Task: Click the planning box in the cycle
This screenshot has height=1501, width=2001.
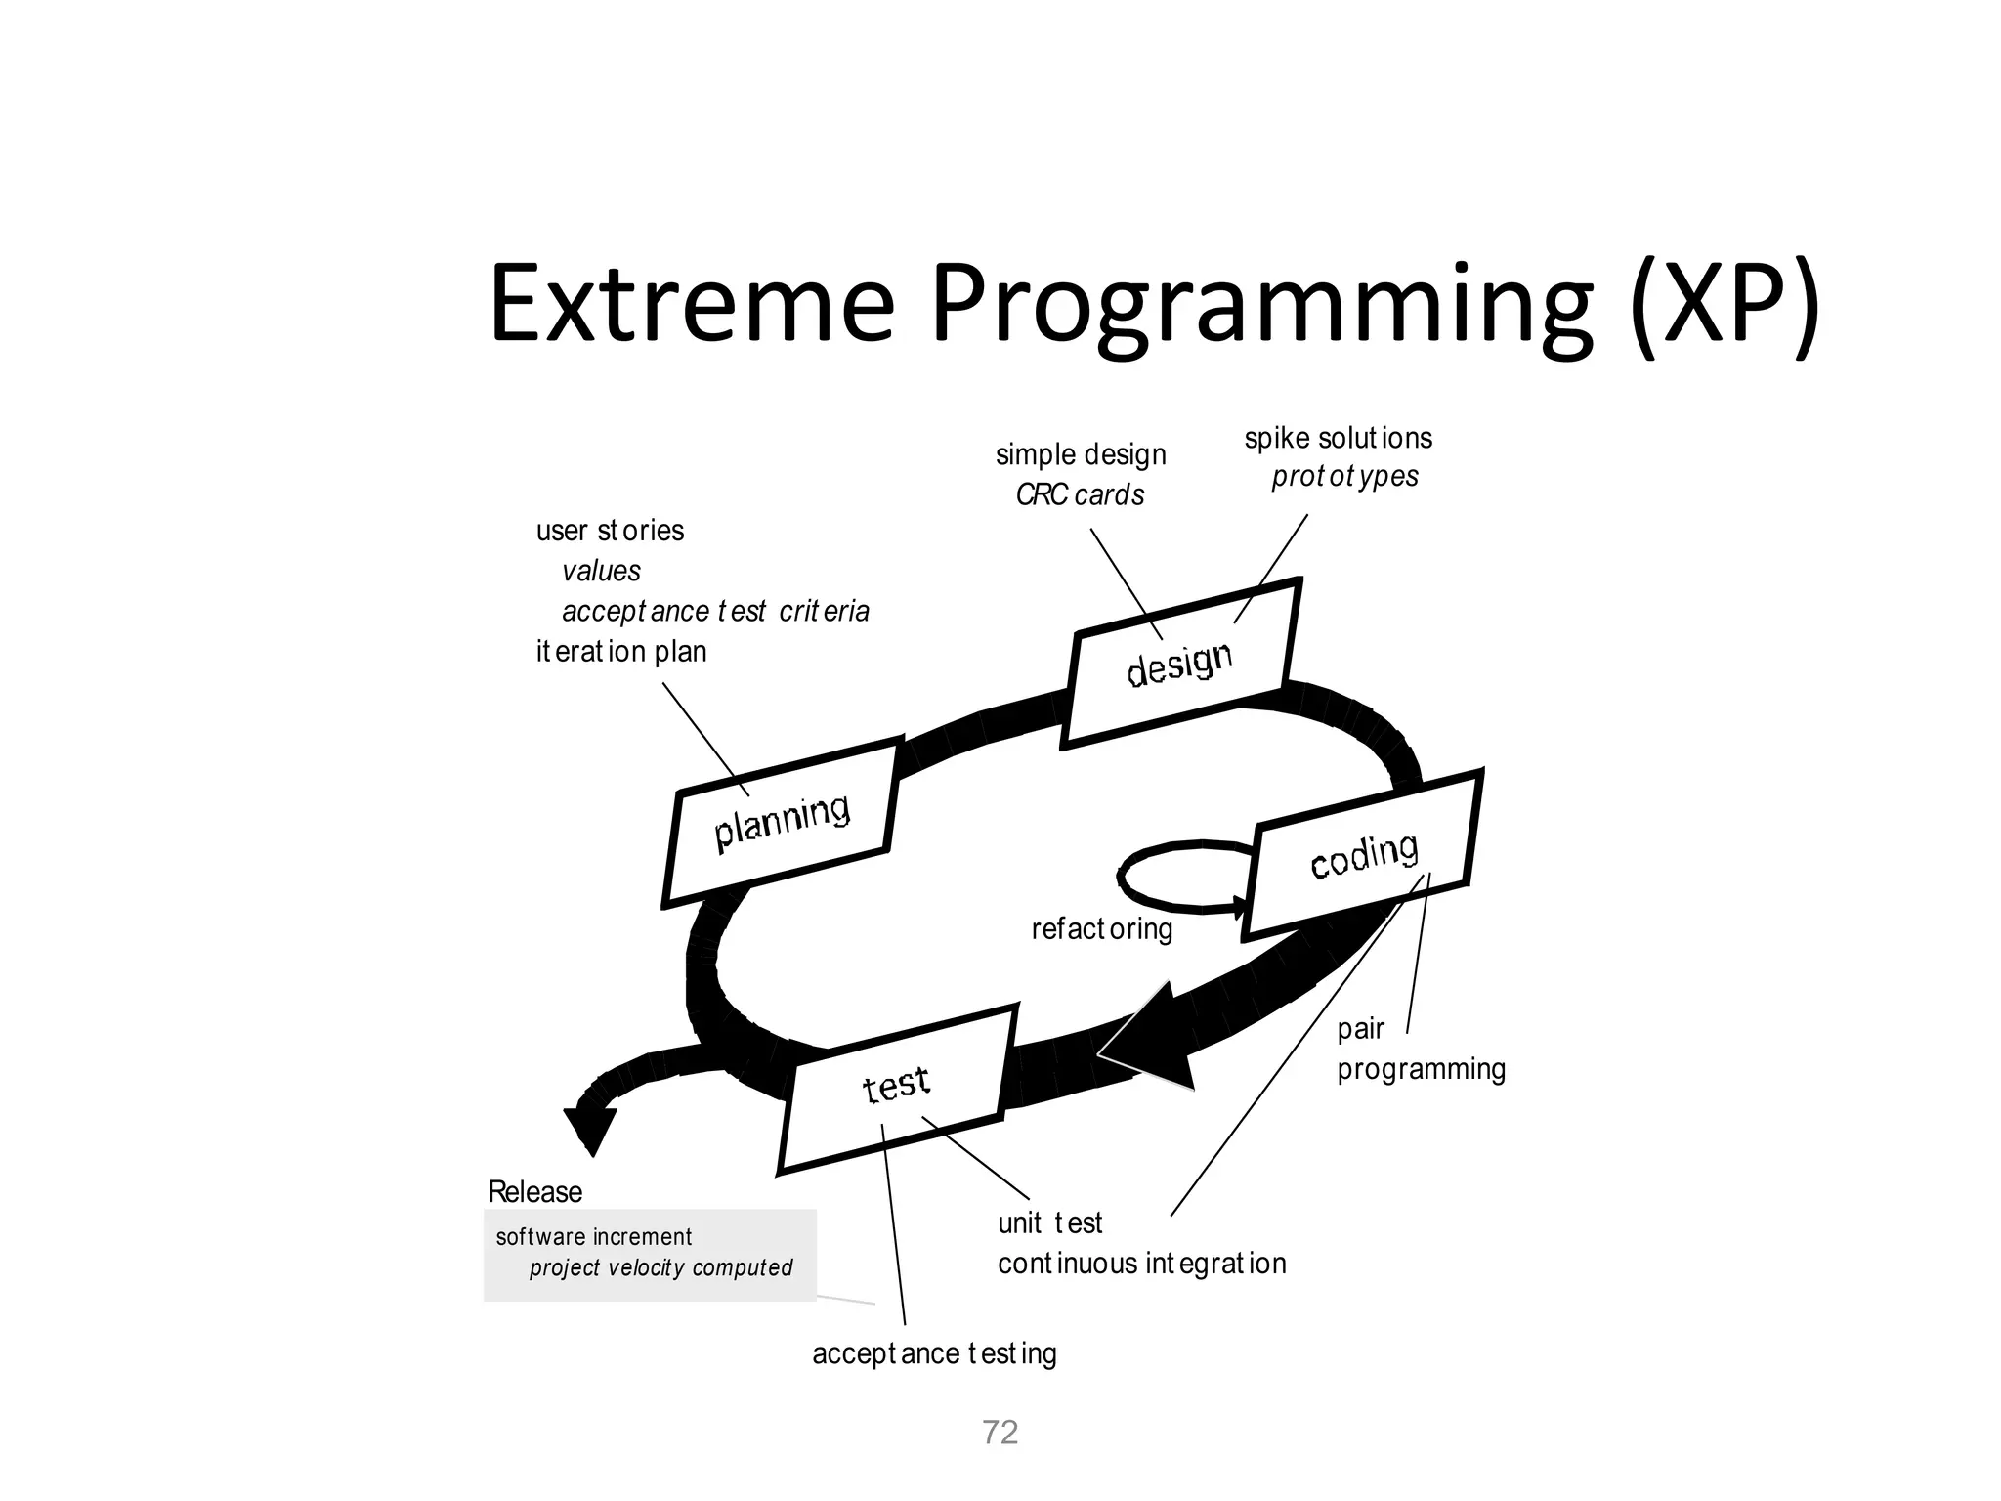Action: (782, 823)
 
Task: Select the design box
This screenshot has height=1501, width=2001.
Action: (1180, 664)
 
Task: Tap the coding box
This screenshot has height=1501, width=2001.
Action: (1364, 854)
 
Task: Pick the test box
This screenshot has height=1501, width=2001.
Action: (897, 1086)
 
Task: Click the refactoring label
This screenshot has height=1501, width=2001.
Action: (1101, 928)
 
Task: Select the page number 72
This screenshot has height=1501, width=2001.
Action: (1000, 1433)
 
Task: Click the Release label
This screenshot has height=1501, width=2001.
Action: (534, 1192)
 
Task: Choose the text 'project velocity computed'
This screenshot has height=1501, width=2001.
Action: (660, 1268)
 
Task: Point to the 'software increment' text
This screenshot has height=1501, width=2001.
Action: (593, 1237)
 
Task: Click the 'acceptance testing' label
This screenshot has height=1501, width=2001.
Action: (934, 1354)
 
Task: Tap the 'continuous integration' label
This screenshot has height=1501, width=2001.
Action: (1141, 1264)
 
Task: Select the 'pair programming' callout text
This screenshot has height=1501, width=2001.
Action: (1419, 1050)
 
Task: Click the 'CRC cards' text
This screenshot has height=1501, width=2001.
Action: (1080, 495)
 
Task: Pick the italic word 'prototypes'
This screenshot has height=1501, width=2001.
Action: (1344, 477)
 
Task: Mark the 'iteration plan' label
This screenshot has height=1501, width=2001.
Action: (620, 652)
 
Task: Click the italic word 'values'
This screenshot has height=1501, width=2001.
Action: (601, 571)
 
